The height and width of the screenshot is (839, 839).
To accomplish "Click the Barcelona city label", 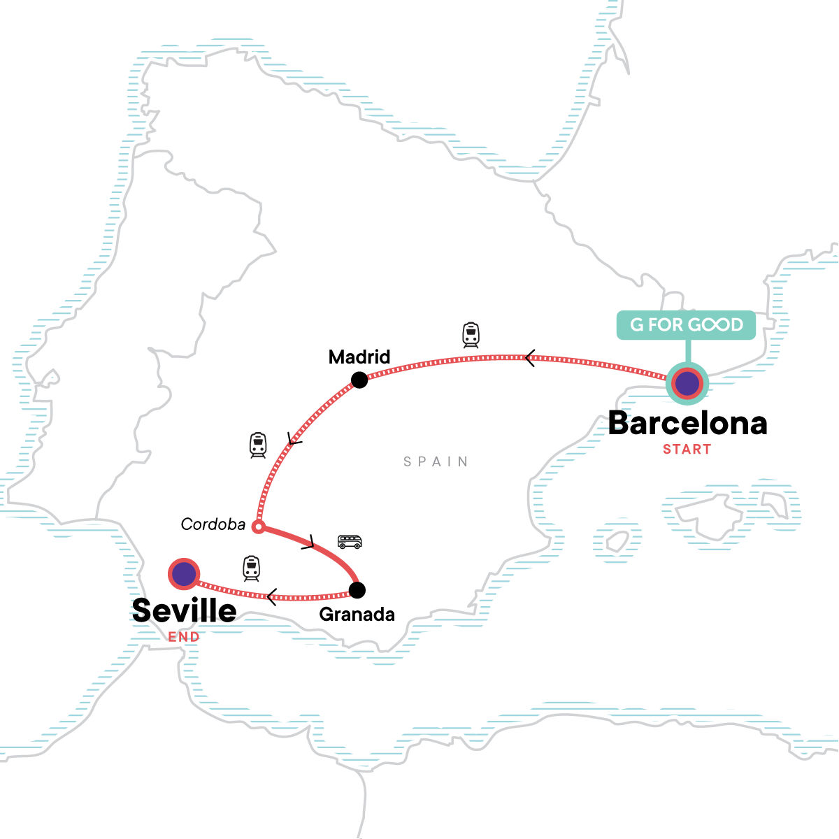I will pos(687,424).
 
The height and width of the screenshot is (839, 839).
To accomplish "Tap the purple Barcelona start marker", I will pos(687,383).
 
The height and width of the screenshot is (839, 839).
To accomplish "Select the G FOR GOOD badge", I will pos(686,325).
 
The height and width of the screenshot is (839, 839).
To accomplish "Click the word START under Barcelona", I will pos(687,450).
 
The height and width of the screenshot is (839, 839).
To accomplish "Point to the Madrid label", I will pos(359,357).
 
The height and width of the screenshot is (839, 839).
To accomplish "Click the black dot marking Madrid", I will pos(359,380).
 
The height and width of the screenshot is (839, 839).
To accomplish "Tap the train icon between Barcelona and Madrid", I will pos(471,336).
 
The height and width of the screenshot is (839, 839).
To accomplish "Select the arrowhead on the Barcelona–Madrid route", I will pos(530,359).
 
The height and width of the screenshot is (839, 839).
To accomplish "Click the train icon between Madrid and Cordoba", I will pos(258,445).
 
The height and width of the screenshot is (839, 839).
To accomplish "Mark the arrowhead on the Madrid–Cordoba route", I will pos(293,439).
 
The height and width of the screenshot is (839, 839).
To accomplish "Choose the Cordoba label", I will pos(213,524).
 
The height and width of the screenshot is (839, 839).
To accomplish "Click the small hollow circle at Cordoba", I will pos(258,526).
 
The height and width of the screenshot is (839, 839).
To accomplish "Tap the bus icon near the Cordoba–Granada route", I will pos(350,542).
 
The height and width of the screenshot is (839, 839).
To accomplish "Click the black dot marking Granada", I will pos(357,590).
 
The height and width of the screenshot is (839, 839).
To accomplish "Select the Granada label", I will pos(357,615).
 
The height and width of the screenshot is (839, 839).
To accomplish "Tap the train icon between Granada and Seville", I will pos(251,568).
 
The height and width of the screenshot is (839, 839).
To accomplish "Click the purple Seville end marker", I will pos(184,574).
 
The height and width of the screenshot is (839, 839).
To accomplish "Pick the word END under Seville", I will pos(184,637).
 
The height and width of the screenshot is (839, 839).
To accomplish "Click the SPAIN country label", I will pos(436,461).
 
